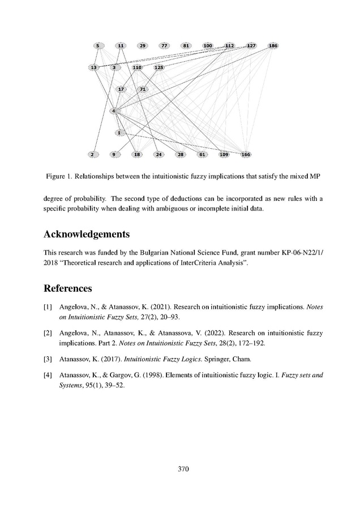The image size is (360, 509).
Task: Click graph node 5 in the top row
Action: click(x=98, y=45)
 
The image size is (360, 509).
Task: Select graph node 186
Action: click(x=273, y=45)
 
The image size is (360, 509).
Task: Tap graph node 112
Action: click(x=230, y=45)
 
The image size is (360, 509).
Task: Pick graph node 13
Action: click(x=93, y=67)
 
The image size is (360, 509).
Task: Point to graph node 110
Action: click(x=137, y=67)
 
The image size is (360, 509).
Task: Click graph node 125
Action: click(x=159, y=67)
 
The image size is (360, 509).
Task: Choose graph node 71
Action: click(x=143, y=89)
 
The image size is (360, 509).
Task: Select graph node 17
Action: click(x=121, y=89)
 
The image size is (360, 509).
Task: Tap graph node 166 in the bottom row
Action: click(x=246, y=154)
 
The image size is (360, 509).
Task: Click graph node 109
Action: click(x=224, y=154)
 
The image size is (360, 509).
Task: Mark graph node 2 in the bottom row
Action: click(x=92, y=154)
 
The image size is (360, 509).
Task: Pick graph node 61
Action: click(x=202, y=154)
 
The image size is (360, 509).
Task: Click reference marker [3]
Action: click(x=48, y=358)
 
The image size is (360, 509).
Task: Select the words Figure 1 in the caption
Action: click(x=61, y=177)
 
